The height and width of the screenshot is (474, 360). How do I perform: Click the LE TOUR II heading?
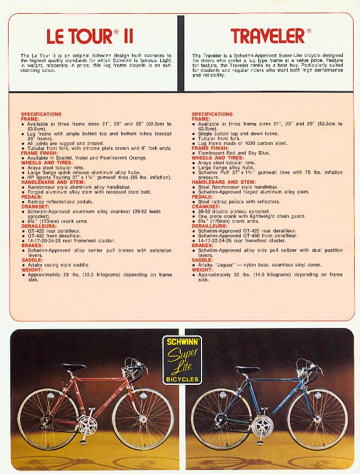pyautogui.click(x=90, y=37)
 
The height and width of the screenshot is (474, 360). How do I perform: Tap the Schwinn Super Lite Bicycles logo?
pyautogui.click(x=181, y=359)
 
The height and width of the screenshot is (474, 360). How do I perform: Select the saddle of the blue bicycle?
pyautogui.click(x=247, y=369)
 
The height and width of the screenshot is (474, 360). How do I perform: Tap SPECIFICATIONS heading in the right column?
pyautogui.click(x=212, y=114)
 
